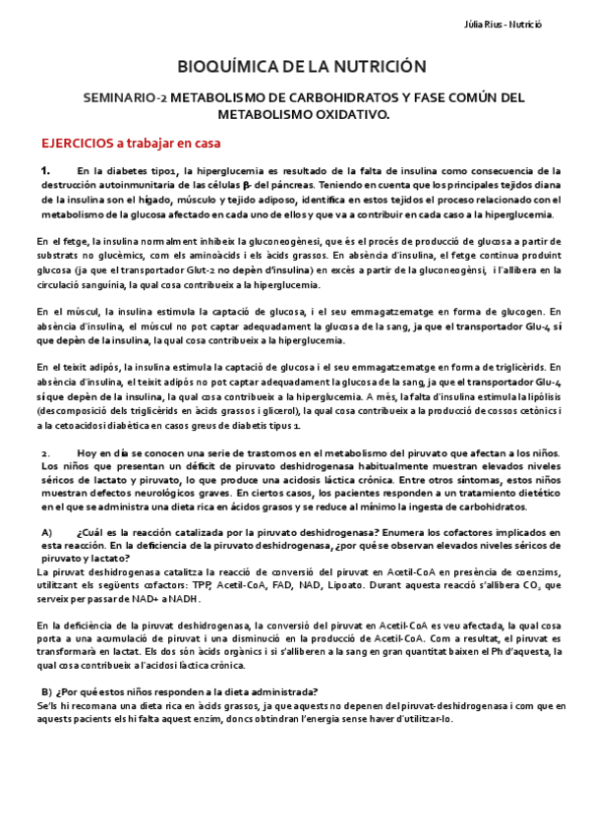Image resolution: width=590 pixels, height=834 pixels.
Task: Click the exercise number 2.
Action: tap(45, 451)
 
